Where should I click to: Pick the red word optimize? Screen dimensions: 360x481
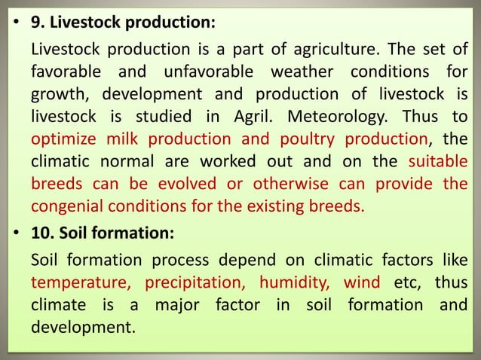63,139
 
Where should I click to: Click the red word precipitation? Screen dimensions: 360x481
195,284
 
